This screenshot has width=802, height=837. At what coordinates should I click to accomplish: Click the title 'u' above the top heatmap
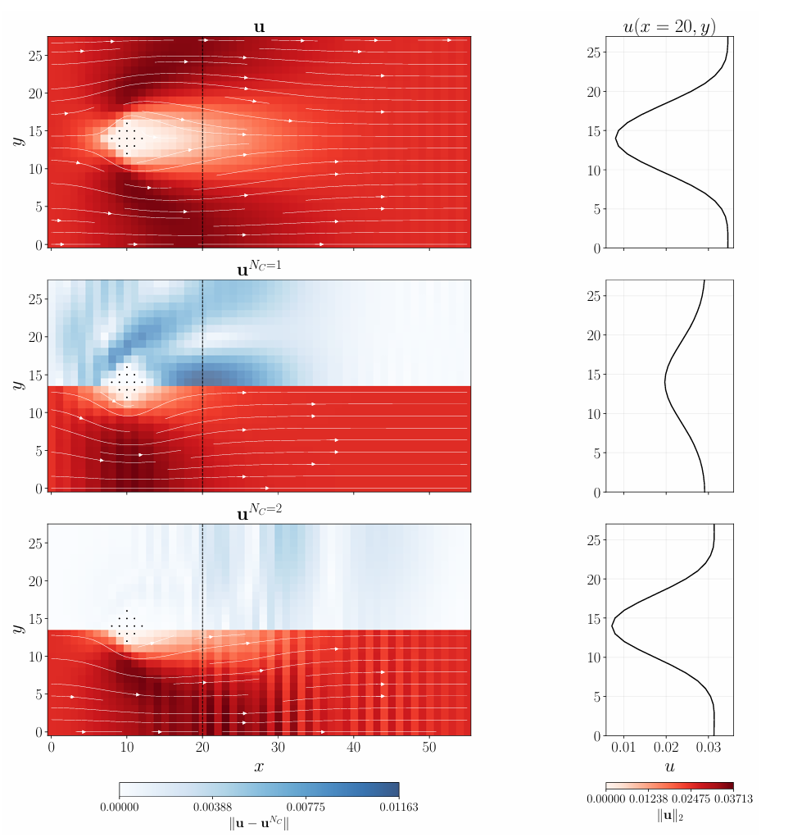[259, 27]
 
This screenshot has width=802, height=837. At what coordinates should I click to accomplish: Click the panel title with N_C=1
[259, 269]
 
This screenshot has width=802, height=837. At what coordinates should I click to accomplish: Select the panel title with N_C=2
[259, 514]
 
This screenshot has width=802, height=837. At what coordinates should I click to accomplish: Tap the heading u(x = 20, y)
[669, 25]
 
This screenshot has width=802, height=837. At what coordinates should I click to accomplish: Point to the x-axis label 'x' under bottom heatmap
[259, 766]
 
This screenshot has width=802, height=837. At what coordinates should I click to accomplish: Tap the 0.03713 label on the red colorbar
[733, 799]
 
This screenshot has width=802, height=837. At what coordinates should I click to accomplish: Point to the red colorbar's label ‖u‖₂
[669, 817]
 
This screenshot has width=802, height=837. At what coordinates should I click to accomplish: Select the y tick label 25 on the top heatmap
[35, 55]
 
